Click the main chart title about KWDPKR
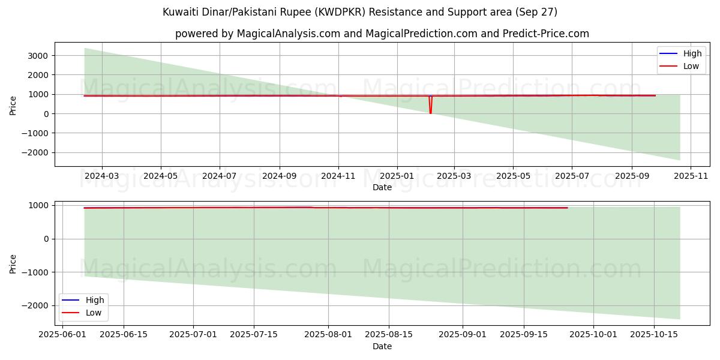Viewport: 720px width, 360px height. tap(360, 12)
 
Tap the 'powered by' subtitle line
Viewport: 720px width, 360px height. tap(382, 34)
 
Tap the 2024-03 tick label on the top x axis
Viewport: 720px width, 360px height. tap(102, 177)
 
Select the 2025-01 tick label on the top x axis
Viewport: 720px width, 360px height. tap(397, 177)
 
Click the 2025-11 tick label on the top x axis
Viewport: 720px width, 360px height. tap(691, 177)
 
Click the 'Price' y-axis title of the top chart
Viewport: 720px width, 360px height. tap(13, 104)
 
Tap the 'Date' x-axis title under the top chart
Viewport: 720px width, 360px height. tap(382, 187)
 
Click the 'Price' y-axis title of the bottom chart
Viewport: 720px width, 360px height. tap(13, 263)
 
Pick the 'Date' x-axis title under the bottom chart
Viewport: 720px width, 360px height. tap(382, 346)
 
